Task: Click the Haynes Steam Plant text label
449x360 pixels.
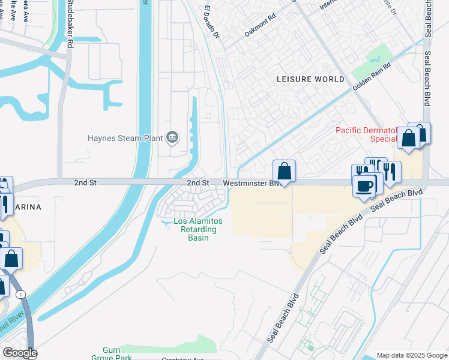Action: coord(125,138)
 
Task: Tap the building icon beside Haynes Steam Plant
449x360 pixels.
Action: coord(172,138)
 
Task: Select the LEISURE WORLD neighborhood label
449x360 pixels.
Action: coord(310,79)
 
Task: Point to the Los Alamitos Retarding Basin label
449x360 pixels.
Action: coord(197,230)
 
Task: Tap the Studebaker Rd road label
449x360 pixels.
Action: coord(70,24)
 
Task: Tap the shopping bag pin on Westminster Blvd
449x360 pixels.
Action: coord(284,171)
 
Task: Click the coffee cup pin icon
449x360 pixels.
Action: coord(364,187)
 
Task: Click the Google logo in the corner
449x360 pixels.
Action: coord(19,353)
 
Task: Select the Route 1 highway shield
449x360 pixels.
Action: coord(22,295)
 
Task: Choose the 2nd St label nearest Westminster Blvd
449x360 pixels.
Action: coord(197,182)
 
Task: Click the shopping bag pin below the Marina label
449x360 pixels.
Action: coord(11,259)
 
